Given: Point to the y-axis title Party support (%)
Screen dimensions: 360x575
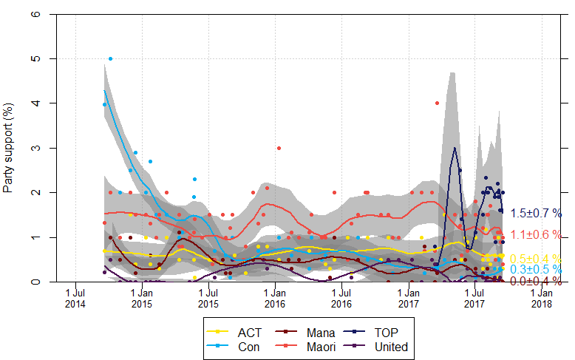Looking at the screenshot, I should tap(8, 149).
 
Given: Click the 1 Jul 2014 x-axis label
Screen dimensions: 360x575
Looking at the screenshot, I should tap(75, 298).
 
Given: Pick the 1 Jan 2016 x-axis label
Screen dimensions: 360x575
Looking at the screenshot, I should tap(274, 298).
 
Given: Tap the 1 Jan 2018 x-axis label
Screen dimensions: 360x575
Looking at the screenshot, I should tap(542, 298).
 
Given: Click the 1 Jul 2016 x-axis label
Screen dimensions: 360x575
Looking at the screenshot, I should tap(341, 298).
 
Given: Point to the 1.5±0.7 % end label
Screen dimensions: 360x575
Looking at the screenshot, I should tap(535, 213).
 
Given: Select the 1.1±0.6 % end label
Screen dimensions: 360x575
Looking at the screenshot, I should tap(535, 234).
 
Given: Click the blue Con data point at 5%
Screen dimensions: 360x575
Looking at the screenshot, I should tap(111, 58).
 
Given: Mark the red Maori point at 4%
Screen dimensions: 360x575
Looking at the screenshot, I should tap(437, 103).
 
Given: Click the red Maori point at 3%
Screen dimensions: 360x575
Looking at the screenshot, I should tap(279, 148).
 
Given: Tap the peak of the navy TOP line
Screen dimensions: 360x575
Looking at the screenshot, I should tap(454, 148).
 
